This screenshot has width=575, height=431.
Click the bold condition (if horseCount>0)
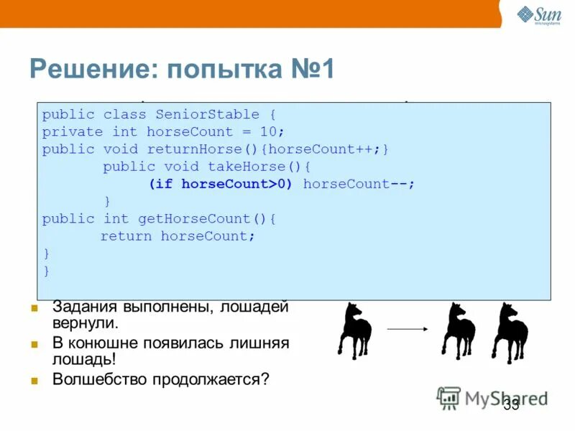pos(221,184)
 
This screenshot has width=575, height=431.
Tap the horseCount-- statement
pos(357,184)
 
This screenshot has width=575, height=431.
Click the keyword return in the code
pos(126,236)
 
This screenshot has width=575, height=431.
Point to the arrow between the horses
pos(407,330)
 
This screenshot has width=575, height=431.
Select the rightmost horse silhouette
pos(510,332)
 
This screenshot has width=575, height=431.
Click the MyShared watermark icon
pos(449,398)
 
